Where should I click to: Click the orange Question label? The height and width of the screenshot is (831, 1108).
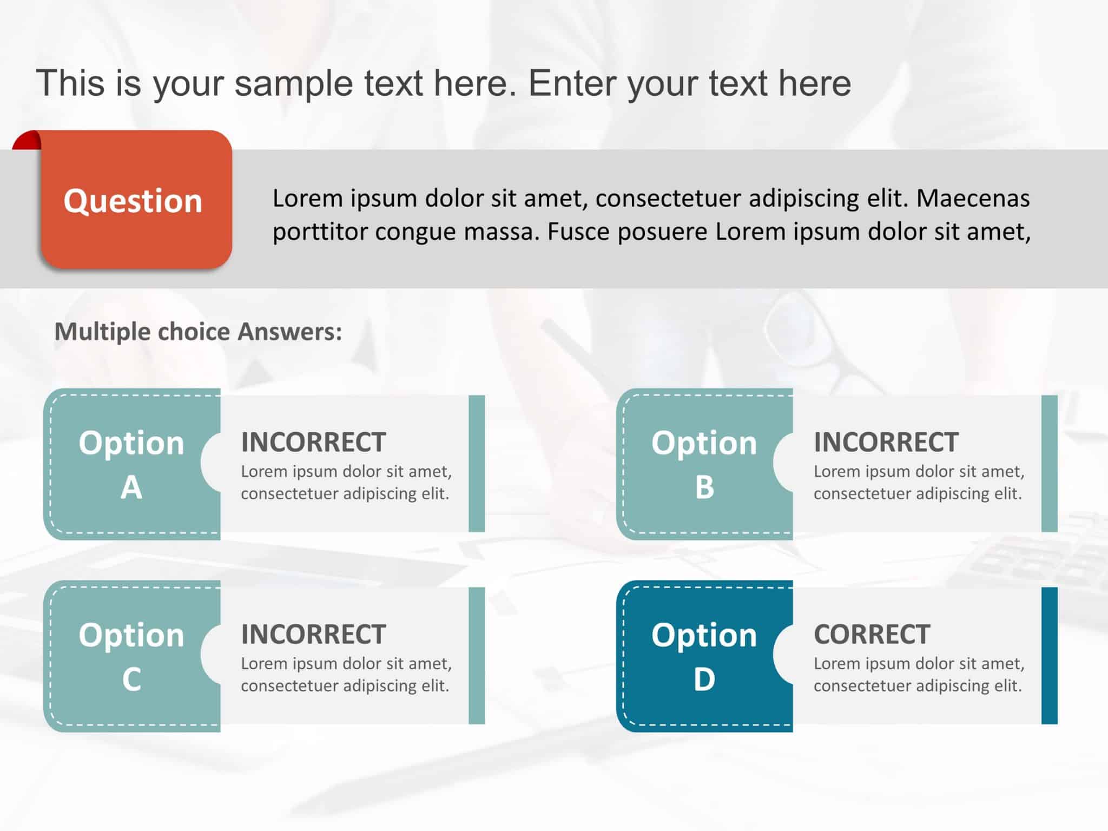pyautogui.click(x=133, y=201)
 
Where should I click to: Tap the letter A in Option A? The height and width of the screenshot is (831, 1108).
pyautogui.click(x=131, y=487)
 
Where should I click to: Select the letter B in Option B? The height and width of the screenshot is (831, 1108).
pyautogui.click(x=704, y=487)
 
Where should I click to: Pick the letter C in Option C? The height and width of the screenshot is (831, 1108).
pyautogui.click(x=131, y=680)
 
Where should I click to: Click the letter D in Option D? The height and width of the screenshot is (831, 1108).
pyautogui.click(x=704, y=680)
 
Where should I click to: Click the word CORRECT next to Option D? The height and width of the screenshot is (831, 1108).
pyautogui.click(x=872, y=634)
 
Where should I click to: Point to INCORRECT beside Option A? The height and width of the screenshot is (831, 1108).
pyautogui.click(x=313, y=442)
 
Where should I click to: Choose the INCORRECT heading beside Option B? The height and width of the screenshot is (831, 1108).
pyautogui.click(x=886, y=442)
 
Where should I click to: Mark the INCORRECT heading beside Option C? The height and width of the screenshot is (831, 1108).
pyautogui.click(x=313, y=634)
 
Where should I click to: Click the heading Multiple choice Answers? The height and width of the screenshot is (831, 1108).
pyautogui.click(x=198, y=332)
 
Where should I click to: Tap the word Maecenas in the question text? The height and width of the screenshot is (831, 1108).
pyautogui.click(x=973, y=199)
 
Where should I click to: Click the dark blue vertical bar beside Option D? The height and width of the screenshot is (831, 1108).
pyautogui.click(x=1049, y=655)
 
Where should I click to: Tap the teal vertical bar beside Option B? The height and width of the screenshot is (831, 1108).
pyautogui.click(x=1049, y=464)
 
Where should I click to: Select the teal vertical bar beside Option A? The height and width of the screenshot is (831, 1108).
pyautogui.click(x=477, y=464)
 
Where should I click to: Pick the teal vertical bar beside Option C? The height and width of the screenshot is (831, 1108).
pyautogui.click(x=477, y=655)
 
